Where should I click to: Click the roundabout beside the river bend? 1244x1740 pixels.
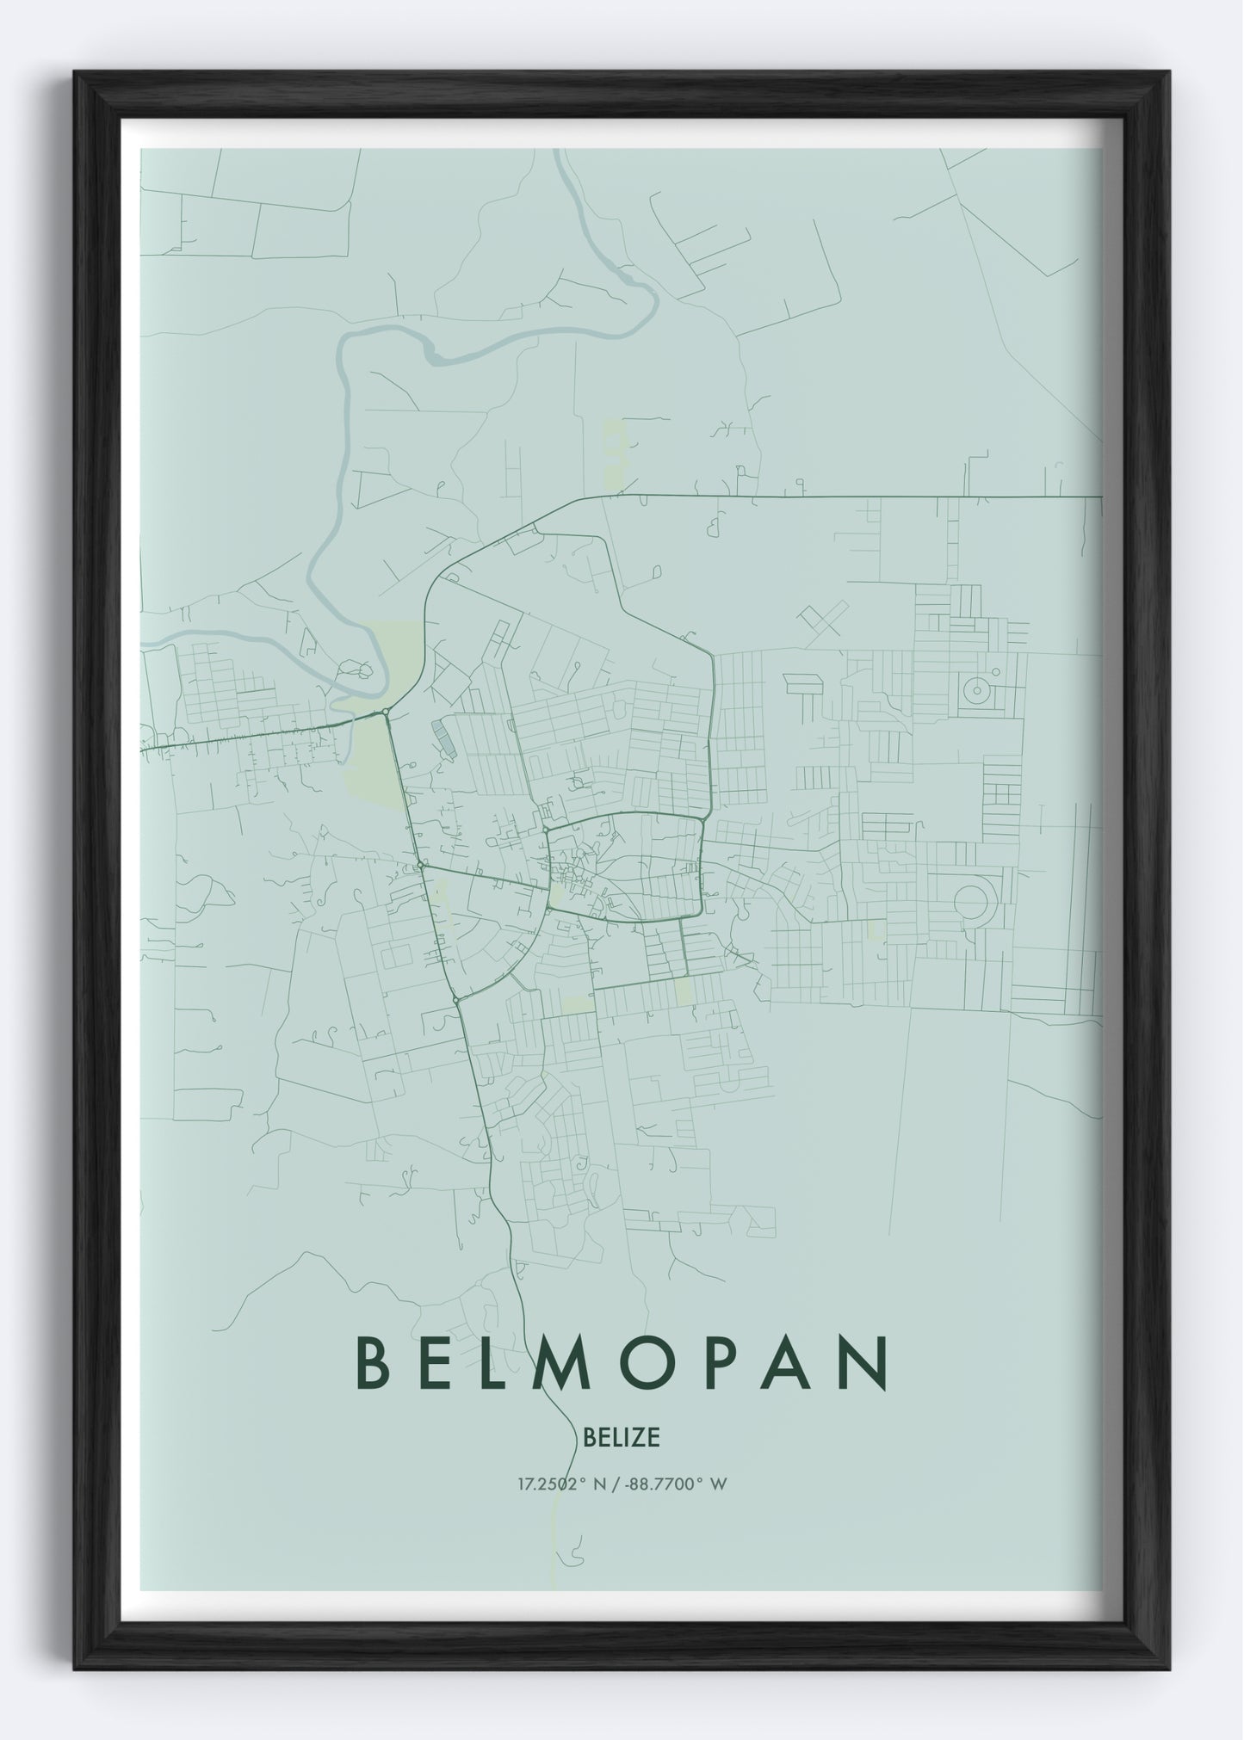(384, 712)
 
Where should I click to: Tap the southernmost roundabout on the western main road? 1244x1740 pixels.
(455, 1000)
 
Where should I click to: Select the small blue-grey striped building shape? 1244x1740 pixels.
(443, 738)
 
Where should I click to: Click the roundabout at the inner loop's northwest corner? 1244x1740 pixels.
(546, 830)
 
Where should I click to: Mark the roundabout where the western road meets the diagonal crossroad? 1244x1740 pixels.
(420, 864)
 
